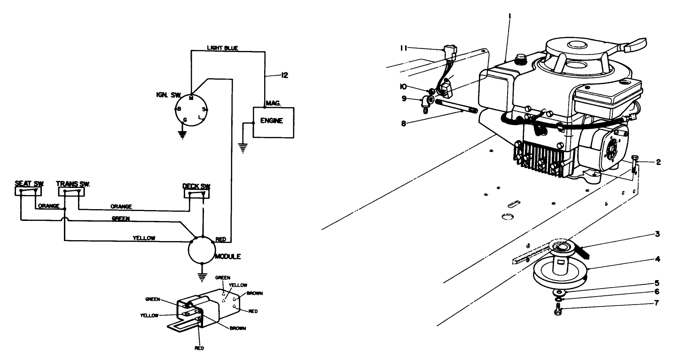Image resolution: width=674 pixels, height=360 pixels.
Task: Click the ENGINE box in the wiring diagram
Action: (x=274, y=122)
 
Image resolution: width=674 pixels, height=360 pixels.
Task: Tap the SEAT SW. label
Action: (x=29, y=183)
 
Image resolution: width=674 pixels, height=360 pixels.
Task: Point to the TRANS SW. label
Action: (x=73, y=183)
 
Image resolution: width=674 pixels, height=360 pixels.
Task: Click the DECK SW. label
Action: (x=196, y=186)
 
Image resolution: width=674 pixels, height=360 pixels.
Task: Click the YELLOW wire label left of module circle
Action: (x=144, y=238)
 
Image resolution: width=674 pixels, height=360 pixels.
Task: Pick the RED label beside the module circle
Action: (x=220, y=239)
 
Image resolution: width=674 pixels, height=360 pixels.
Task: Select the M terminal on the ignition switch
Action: (x=191, y=99)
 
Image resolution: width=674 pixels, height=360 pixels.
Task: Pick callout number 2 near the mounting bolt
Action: (x=659, y=162)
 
